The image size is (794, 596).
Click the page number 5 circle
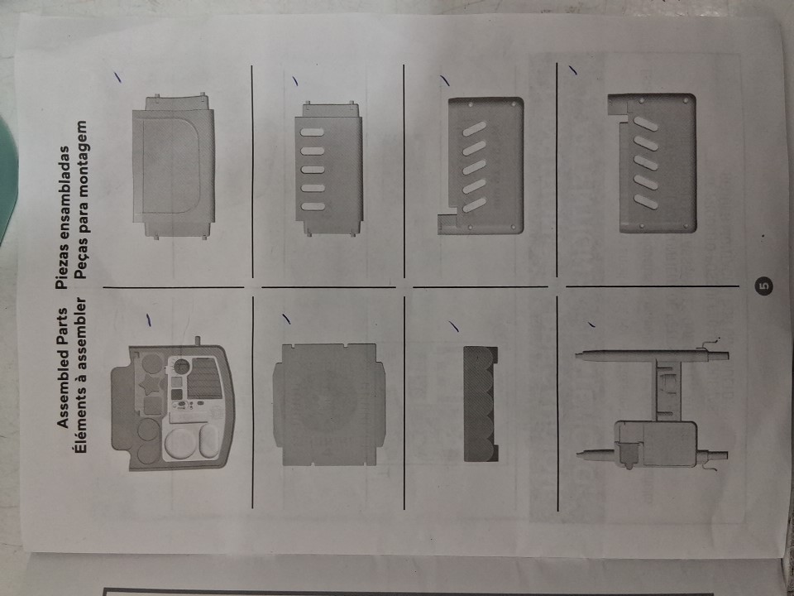763,286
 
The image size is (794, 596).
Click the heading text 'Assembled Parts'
64,368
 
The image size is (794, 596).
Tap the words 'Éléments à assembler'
80,376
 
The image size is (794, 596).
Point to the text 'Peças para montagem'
80,199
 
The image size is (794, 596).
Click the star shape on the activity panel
150,386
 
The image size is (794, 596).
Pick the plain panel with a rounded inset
174,166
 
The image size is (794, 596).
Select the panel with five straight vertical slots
328,168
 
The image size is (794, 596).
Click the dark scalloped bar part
481,403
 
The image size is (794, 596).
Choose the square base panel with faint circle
328,404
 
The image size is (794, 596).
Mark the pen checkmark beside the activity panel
148,320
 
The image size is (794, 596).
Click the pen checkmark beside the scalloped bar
454,326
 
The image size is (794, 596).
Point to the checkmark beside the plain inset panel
117,76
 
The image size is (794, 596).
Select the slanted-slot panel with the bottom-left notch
481,166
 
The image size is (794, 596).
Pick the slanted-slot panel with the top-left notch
653,163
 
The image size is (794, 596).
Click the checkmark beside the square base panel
287,319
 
